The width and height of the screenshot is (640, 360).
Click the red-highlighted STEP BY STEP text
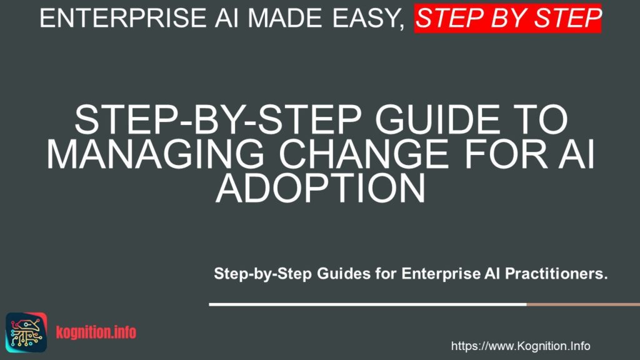tap(507, 18)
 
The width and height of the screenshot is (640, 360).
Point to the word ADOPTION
tap(320, 189)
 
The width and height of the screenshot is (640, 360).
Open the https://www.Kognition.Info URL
tap(520, 346)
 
